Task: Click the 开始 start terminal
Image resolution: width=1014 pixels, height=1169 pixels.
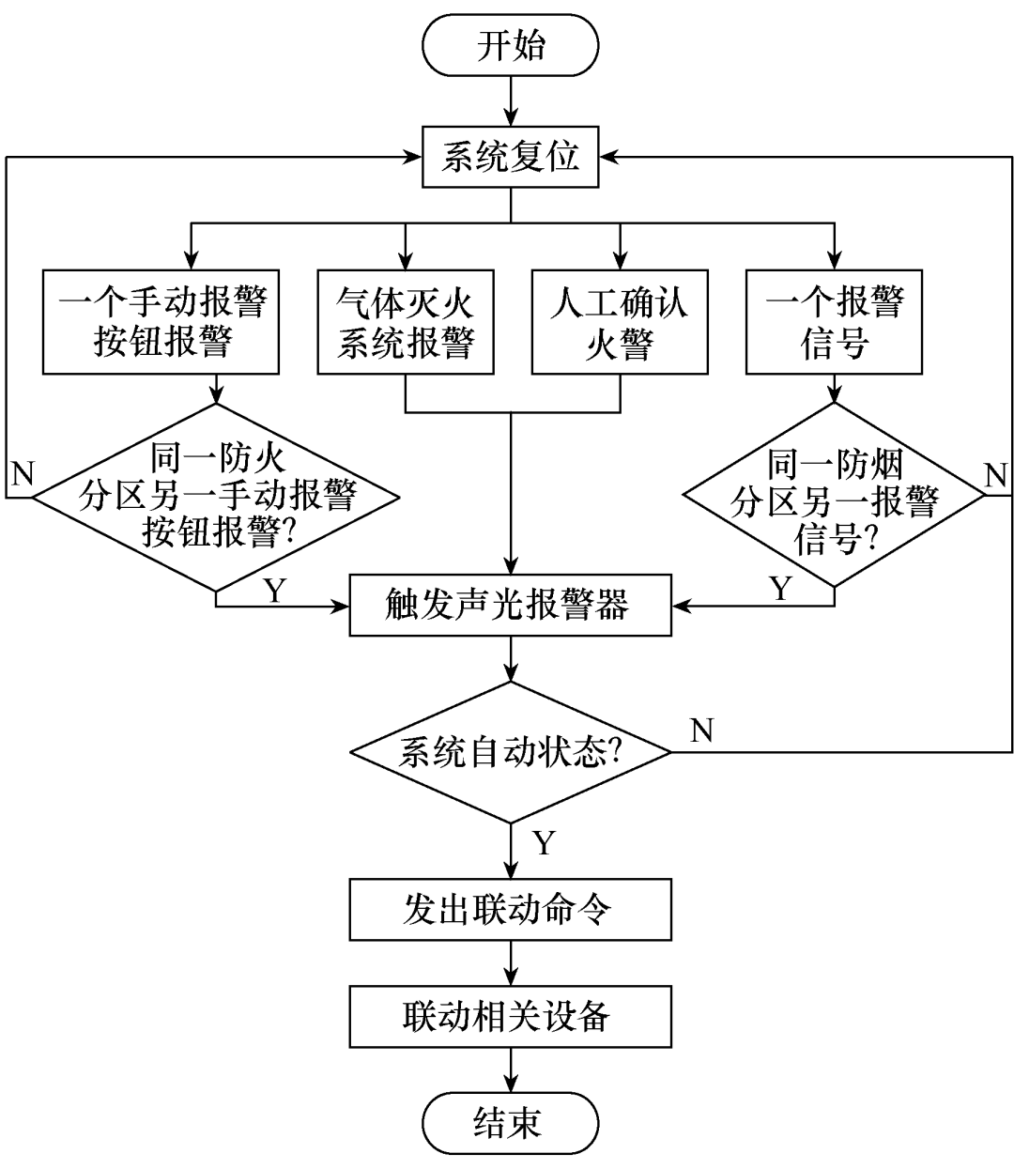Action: pos(510,46)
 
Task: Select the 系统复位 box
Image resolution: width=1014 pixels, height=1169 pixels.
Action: pos(510,157)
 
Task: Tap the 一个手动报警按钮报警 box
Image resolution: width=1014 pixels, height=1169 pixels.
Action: pos(161,322)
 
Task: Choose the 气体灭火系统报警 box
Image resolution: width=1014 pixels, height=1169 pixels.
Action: pos(406,322)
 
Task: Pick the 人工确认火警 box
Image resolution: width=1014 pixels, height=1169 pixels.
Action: pos(620,322)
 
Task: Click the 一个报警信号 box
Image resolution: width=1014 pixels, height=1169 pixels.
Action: pos(834,322)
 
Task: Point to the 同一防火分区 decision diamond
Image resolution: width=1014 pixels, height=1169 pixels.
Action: pos(217,498)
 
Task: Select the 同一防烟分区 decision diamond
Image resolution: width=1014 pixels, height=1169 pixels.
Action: pos(834,498)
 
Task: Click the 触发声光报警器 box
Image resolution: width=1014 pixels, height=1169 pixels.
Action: pos(510,605)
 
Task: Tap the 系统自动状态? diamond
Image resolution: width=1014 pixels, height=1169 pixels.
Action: pos(510,752)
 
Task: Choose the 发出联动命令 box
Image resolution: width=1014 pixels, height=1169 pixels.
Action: pos(510,909)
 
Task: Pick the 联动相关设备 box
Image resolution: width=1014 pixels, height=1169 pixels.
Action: pos(510,1015)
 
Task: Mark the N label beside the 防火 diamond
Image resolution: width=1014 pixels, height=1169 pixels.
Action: pos(22,472)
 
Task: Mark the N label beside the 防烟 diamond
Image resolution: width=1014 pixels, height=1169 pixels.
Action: pos(995,475)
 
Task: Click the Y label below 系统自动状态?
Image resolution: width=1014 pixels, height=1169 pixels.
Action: pos(544,841)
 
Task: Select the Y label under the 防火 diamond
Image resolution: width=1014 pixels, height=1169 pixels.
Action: pos(274,590)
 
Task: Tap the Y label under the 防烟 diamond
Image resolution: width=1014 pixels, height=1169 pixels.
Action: pos(781,588)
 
